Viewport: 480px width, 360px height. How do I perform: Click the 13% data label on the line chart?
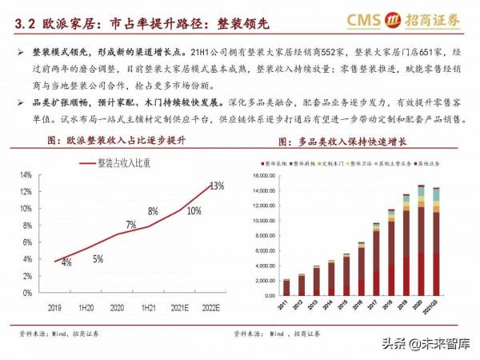(217, 186)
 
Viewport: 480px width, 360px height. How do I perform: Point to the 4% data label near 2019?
(66, 262)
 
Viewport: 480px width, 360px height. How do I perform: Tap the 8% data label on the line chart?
(153, 212)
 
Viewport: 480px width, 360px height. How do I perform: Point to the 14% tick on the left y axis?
(26, 175)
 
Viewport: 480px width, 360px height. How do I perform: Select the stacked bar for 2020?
(421, 240)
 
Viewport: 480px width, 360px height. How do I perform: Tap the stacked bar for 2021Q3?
(436, 241)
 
